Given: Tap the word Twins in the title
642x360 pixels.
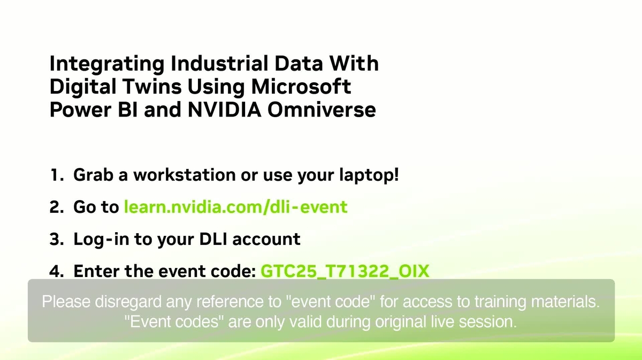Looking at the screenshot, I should [x=139, y=87].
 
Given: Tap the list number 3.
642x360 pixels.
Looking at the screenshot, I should [x=56, y=239].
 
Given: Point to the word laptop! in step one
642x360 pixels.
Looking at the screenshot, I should [x=371, y=176].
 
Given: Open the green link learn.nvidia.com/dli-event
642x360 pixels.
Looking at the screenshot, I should [x=235, y=207].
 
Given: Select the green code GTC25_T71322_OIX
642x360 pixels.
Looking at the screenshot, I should [x=345, y=271].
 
